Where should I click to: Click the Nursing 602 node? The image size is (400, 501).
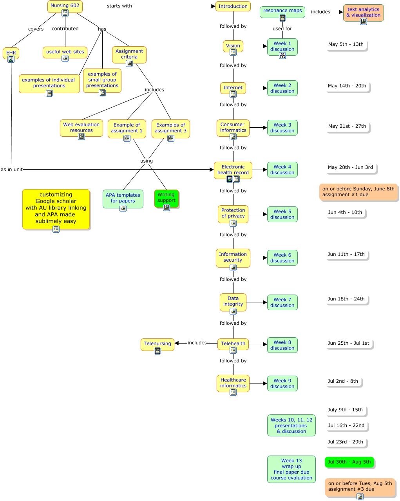coord(65,6)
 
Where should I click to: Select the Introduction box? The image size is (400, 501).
coord(233,6)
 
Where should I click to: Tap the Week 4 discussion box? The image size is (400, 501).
coord(282,170)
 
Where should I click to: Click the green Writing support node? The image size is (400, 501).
coord(166,198)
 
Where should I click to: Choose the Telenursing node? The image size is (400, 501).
coord(157,344)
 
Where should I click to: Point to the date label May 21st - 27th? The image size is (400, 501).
coord(347,126)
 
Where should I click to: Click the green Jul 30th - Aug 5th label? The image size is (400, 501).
coord(349,462)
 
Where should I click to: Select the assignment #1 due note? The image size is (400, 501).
coord(358,192)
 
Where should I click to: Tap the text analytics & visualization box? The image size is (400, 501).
coord(363,12)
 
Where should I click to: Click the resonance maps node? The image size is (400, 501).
coord(282,11)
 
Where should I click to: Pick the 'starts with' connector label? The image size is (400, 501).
coord(119,6)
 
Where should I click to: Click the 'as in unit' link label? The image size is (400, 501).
coord(12,170)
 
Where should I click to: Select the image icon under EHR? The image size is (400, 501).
coord(11,59)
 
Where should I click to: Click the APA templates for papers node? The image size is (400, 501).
coord(123,198)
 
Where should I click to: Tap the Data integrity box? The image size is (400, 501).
coord(233,301)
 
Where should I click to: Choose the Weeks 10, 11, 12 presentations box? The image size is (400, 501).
coord(291,425)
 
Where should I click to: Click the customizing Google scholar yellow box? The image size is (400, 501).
coord(56,208)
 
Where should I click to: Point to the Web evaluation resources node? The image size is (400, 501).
coord(81,127)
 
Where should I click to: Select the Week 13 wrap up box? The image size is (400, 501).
coord(291,469)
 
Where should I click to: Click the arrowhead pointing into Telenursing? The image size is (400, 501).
coord(177,343)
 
